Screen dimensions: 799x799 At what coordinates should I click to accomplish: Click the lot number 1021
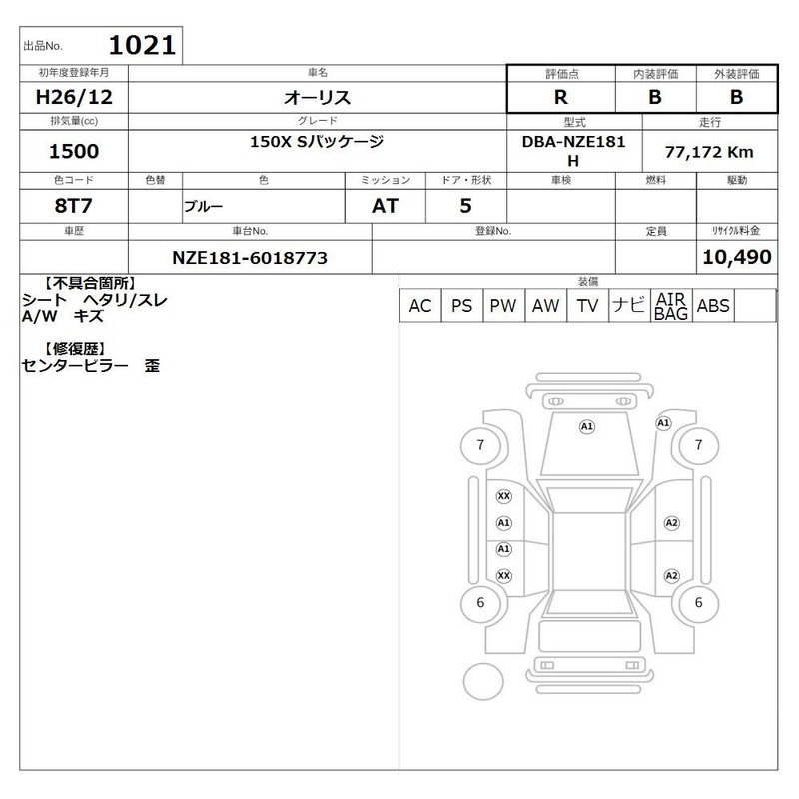[142, 45]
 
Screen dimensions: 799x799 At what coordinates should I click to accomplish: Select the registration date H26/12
[74, 97]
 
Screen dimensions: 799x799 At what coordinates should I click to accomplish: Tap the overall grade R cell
[561, 97]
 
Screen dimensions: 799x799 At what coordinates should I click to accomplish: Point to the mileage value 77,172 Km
[709, 152]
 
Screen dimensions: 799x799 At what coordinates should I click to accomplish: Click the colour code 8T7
[73, 206]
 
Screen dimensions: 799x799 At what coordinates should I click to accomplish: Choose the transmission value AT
[385, 206]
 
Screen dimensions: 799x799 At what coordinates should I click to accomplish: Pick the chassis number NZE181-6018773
[250, 258]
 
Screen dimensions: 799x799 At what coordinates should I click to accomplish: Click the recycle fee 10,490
[737, 257]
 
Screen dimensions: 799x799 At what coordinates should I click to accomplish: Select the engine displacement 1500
[74, 151]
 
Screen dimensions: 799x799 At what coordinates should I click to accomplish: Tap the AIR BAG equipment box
[671, 306]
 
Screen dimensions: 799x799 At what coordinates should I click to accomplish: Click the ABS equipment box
[713, 306]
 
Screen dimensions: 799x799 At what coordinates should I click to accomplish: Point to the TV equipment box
[587, 306]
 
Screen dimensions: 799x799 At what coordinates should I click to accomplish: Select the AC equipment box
[420, 306]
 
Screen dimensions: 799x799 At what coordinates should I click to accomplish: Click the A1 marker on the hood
[587, 427]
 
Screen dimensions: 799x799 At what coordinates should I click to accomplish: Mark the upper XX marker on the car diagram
[504, 496]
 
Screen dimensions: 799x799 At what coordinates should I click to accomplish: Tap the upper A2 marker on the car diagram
[671, 523]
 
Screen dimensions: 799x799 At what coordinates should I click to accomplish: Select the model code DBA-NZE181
[573, 141]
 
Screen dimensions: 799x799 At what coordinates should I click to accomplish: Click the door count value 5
[465, 206]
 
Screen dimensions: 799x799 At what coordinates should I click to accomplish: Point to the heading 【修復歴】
[75, 349]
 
